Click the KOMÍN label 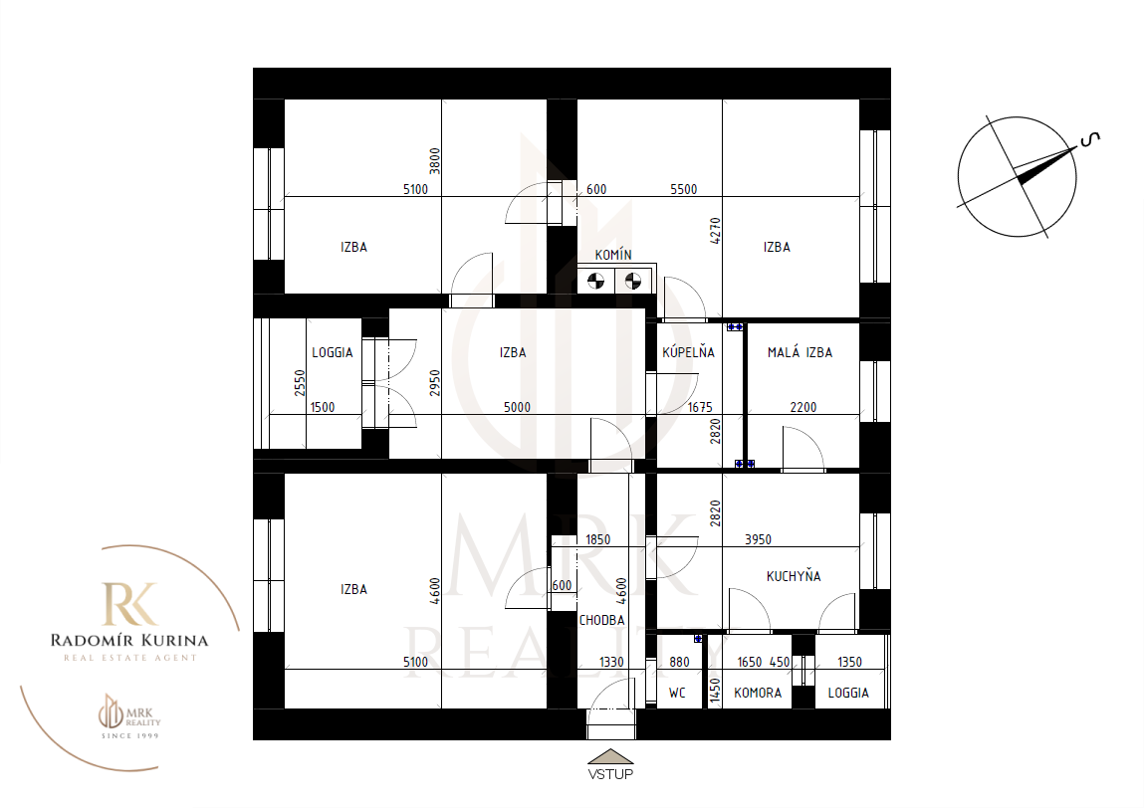pos(613,255)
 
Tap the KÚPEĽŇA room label pos(688,352)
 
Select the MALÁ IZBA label pos(800,352)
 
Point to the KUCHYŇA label pos(794,576)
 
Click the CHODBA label pos(602,620)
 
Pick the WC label pos(677,693)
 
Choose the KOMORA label pos(758,693)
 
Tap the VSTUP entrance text pos(610,774)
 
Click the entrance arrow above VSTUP pos(610,757)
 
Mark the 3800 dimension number pos(435,161)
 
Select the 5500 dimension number pos(684,190)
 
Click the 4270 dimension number pos(715,231)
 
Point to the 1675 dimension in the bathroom pos(700,408)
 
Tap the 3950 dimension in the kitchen pos(758,539)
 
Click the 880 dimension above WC pos(679,662)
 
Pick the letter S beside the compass pos(1090,138)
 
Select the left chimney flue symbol pos(596,281)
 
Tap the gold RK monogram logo pos(129,604)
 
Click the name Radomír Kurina pos(129,641)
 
